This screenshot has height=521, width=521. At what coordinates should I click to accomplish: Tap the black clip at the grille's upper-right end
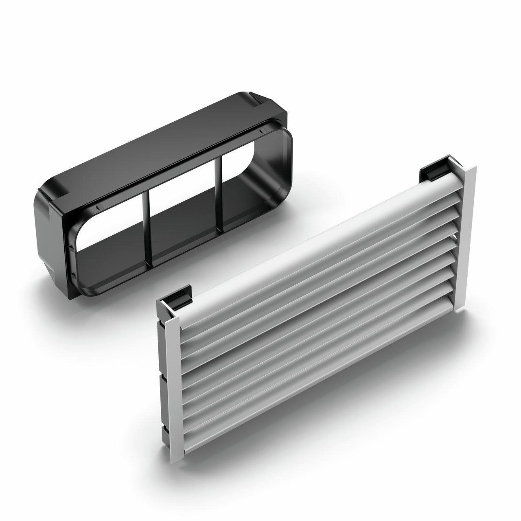point(432,171)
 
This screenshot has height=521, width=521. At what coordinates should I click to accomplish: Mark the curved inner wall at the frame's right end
point(277,163)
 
